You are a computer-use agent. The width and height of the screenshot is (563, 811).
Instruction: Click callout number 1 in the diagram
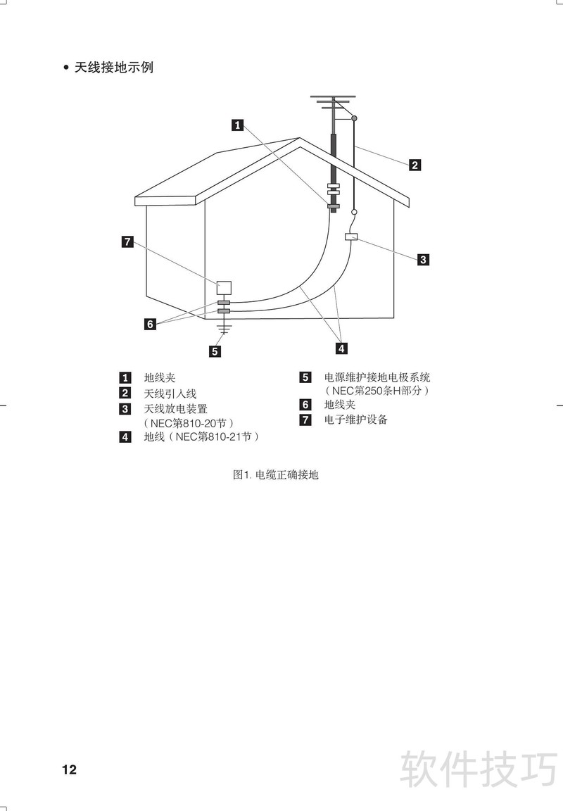(x=237, y=125)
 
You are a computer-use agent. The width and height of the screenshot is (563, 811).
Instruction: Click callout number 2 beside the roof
(x=415, y=165)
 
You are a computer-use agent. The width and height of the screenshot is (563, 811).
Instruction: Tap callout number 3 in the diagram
(x=423, y=260)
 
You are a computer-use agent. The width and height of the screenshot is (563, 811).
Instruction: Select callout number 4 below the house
(x=341, y=348)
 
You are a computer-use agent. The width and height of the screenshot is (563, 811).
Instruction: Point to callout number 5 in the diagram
(x=215, y=351)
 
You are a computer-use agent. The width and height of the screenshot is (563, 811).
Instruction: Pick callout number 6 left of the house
(x=150, y=325)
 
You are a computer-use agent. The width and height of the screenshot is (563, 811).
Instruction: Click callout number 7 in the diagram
(x=127, y=241)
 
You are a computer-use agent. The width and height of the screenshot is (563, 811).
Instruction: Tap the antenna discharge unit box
(x=352, y=237)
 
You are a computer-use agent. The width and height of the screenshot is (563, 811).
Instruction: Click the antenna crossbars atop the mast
(x=334, y=102)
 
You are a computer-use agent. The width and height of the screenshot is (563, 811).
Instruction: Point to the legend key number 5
(x=305, y=377)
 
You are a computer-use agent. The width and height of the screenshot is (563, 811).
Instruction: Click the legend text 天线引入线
(x=170, y=394)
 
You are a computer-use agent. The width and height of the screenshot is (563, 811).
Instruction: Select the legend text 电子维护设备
(x=355, y=420)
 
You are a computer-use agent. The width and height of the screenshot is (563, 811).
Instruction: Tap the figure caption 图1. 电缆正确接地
(x=276, y=474)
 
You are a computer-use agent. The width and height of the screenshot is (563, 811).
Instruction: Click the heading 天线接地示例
(x=114, y=68)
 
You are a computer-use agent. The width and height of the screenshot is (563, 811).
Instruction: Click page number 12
(x=69, y=769)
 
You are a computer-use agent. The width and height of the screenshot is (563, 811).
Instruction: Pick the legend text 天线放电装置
(x=175, y=409)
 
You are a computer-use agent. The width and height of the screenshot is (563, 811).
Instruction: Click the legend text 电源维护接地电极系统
(x=377, y=377)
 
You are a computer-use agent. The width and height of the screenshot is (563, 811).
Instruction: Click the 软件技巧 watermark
(x=479, y=769)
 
